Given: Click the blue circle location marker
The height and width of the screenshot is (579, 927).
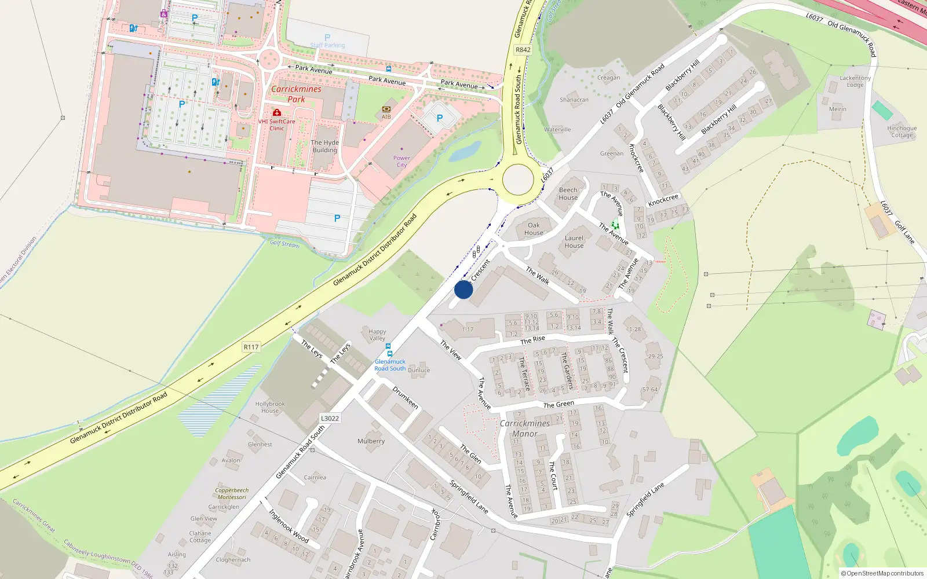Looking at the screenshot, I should coord(463,289).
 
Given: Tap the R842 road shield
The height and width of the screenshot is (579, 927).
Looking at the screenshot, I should coord(523,50).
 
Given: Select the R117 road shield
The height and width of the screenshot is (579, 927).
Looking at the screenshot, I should coord(251,347).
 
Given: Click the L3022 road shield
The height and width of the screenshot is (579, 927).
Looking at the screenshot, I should coord(330,418).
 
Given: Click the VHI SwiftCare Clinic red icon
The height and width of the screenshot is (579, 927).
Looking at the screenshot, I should coord(277,112).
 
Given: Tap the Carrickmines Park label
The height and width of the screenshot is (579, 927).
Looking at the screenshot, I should coord(296,94).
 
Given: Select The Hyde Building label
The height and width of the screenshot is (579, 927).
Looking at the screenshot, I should coord(324,146).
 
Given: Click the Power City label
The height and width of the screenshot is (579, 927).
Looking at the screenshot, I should coord(402,161).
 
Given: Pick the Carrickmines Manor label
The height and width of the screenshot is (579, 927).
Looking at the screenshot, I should coord(524,428).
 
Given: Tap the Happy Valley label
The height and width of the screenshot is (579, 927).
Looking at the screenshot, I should coord(377,335).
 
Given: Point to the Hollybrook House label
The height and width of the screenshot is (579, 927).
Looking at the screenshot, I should coord(270,407).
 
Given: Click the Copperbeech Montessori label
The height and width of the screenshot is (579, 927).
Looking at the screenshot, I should coord(232,493).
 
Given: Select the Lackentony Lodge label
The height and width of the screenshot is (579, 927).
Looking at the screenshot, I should coord(855,81).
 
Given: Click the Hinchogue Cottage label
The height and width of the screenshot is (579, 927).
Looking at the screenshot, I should coord(902,131).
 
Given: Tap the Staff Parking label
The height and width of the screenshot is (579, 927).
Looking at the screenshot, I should coord(327,45).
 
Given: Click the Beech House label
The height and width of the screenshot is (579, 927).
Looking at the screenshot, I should coord(568,193).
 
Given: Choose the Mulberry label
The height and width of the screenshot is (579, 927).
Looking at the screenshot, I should coord(371,441).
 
